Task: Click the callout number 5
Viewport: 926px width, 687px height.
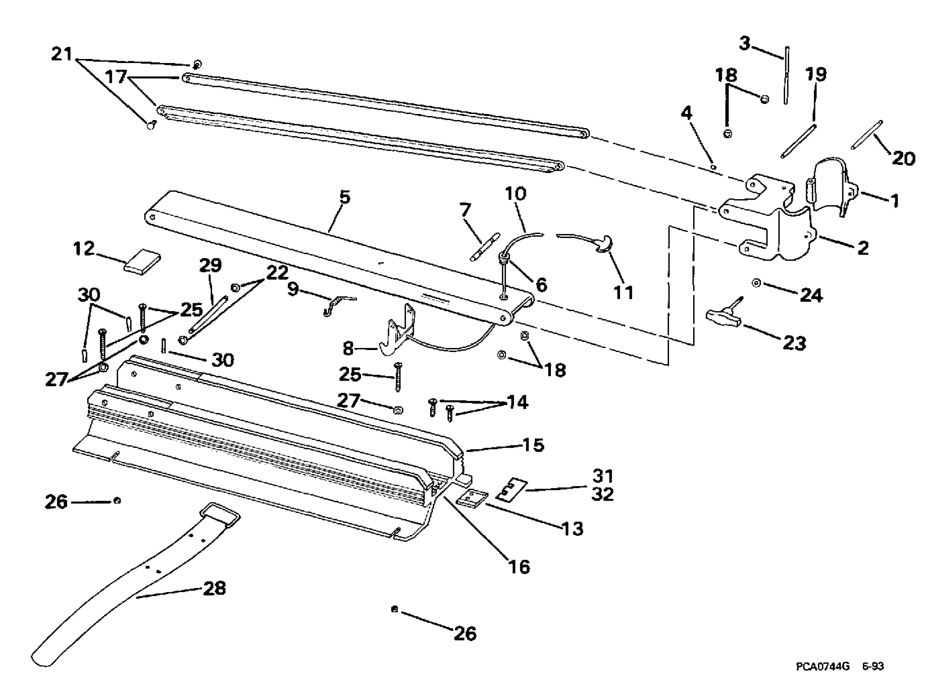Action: coord(345,197)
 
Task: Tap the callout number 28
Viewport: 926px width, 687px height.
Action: coord(214,588)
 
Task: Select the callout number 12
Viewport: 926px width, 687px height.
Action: coord(84,249)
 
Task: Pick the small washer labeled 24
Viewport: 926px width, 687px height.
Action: coord(756,283)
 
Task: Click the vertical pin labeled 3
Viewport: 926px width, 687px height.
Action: coord(787,75)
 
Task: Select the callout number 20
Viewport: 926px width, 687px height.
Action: coord(903,158)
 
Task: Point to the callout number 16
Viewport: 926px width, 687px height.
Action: coord(519,567)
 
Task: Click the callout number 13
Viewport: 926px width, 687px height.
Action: coord(572,529)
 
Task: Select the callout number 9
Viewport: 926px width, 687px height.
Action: coord(293,289)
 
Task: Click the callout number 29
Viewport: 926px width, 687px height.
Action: coord(211,265)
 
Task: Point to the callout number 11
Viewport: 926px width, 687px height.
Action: coord(624,292)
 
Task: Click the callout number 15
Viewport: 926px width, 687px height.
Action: coord(533,445)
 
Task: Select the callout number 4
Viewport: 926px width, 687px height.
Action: coord(686,113)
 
